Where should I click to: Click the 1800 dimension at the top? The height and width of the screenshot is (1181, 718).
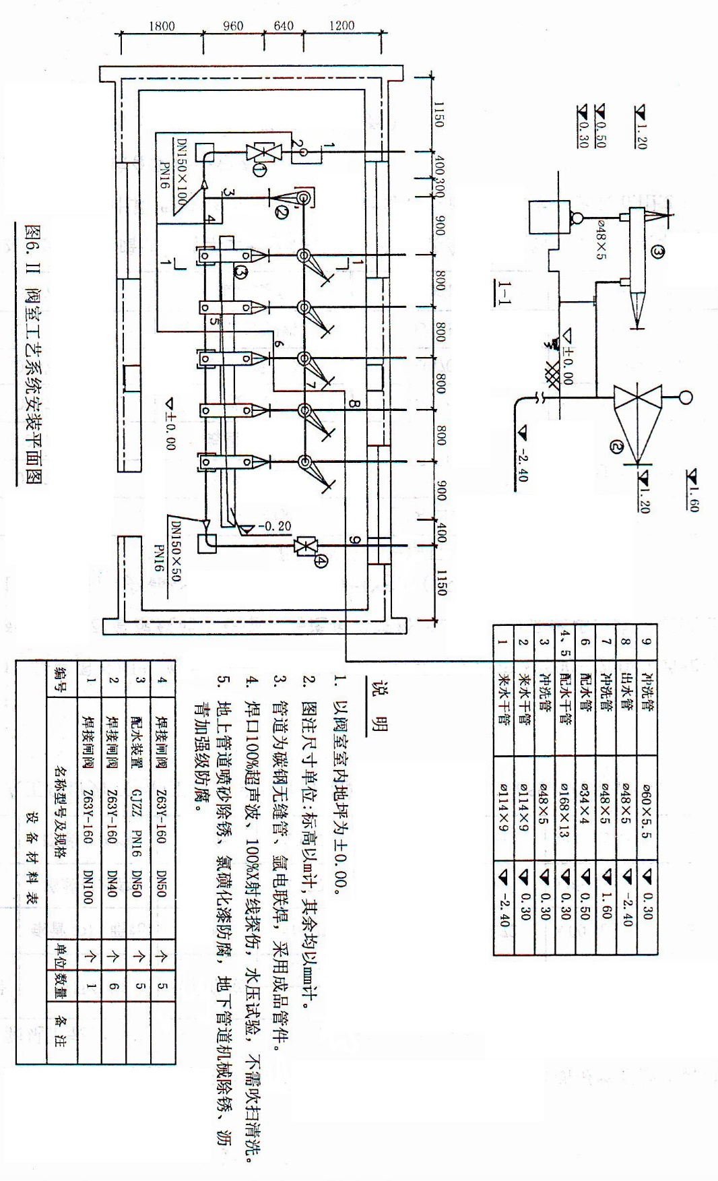click(x=162, y=26)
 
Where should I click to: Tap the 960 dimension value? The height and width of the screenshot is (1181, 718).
click(x=232, y=26)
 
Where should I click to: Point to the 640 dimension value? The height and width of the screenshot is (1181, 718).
click(x=283, y=26)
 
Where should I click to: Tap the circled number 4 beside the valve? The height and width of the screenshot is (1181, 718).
click(x=321, y=559)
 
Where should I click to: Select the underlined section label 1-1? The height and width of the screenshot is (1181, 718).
click(x=503, y=291)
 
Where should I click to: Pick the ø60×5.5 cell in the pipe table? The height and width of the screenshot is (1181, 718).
click(x=646, y=809)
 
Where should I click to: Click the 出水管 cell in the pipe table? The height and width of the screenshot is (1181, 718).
click(x=625, y=701)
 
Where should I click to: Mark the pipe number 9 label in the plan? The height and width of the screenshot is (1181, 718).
click(x=354, y=539)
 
